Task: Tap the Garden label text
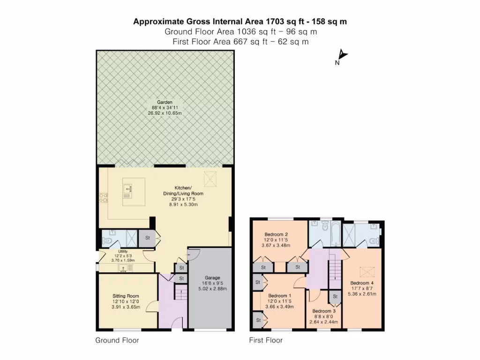tap(165, 102)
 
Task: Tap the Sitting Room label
tap(126, 296)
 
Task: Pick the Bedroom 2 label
tap(276, 234)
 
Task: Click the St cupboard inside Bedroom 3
tap(335, 297)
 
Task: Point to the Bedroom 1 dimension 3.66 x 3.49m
tap(279, 307)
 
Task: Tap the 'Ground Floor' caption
tap(117, 340)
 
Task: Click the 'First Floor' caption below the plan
tap(265, 340)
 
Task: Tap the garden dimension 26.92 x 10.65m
tap(165, 113)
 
